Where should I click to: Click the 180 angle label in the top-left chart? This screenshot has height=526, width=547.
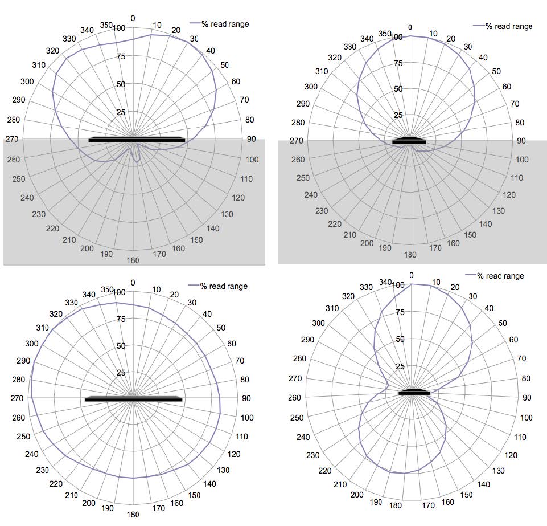pyautogui.click(x=133, y=260)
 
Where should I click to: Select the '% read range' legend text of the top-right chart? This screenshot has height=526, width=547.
pyautogui.click(x=509, y=26)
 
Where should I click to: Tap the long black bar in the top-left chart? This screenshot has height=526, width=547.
pyautogui.click(x=137, y=140)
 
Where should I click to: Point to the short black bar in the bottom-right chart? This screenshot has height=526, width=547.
pyautogui.click(x=414, y=392)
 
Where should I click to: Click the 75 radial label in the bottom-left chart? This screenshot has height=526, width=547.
pyautogui.click(x=121, y=319)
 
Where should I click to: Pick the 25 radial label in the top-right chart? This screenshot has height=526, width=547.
pyautogui.click(x=398, y=115)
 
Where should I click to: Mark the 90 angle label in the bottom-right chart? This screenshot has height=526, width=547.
pyautogui.click(x=526, y=397)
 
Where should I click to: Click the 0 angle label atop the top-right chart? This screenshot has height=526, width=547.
pyautogui.click(x=410, y=27)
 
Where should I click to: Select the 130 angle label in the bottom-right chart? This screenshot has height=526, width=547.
pyautogui.click(x=498, y=471)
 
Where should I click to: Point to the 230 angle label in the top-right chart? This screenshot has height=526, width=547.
pyautogui.click(x=322, y=210)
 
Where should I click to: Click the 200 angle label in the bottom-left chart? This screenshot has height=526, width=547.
pyautogui.click(x=89, y=503)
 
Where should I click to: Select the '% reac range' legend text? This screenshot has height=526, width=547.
pyautogui.click(x=500, y=276)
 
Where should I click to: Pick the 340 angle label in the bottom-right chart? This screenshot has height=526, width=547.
pyautogui.click(x=386, y=282)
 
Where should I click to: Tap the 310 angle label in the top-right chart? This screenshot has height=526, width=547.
pyautogui.click(x=322, y=71)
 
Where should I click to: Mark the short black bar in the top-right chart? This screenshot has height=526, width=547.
pyautogui.click(x=409, y=141)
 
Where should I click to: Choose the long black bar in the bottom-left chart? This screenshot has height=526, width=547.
pyautogui.click(x=133, y=399)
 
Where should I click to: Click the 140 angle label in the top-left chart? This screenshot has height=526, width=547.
pyautogui.click(x=213, y=229)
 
